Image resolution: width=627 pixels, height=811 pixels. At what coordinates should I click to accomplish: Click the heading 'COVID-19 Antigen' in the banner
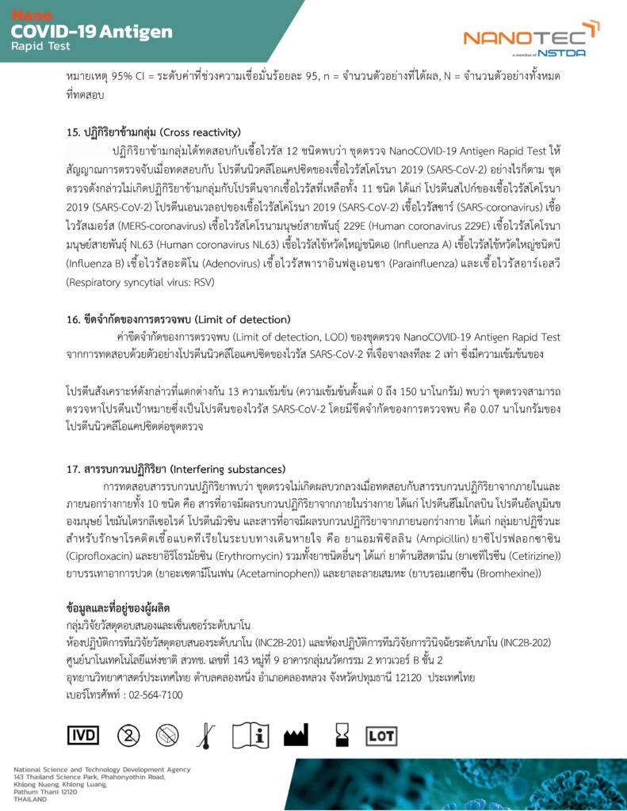click(92, 32)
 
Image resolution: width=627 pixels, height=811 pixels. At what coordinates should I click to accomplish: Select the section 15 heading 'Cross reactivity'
click(154, 131)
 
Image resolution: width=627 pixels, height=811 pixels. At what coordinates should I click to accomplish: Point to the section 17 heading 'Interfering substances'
click(177, 470)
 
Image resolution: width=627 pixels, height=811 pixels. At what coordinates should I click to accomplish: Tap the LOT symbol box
click(380, 735)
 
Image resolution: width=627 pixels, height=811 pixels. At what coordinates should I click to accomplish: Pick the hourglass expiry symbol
click(342, 734)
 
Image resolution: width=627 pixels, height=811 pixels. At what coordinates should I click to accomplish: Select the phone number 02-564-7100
click(148, 695)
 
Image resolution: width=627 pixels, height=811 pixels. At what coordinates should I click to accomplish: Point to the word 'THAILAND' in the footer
click(30, 798)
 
